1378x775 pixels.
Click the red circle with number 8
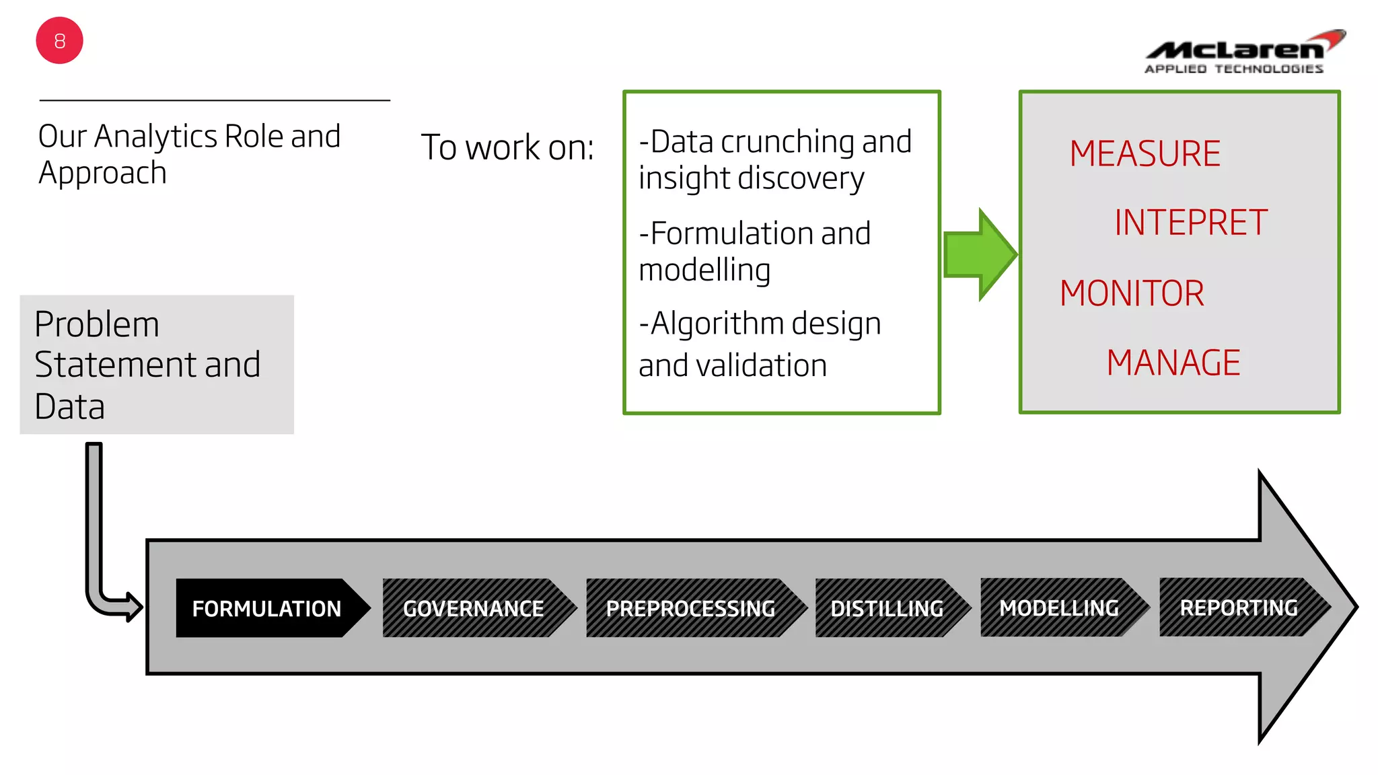click(59, 41)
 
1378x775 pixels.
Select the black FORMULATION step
click(266, 608)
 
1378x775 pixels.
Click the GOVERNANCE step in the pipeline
click(473, 608)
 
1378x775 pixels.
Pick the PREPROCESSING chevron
click(690, 608)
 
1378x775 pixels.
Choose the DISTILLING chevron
click(887, 608)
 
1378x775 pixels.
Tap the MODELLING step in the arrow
click(1059, 607)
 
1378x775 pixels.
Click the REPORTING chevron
click(1239, 607)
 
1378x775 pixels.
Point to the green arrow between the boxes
click(979, 254)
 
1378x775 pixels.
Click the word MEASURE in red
click(1145, 153)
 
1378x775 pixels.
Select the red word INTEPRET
click(1190, 223)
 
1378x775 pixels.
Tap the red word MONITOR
click(1132, 293)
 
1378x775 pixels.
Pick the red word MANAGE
click(1173, 363)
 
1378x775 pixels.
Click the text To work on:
click(507, 147)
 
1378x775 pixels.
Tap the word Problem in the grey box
click(97, 324)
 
